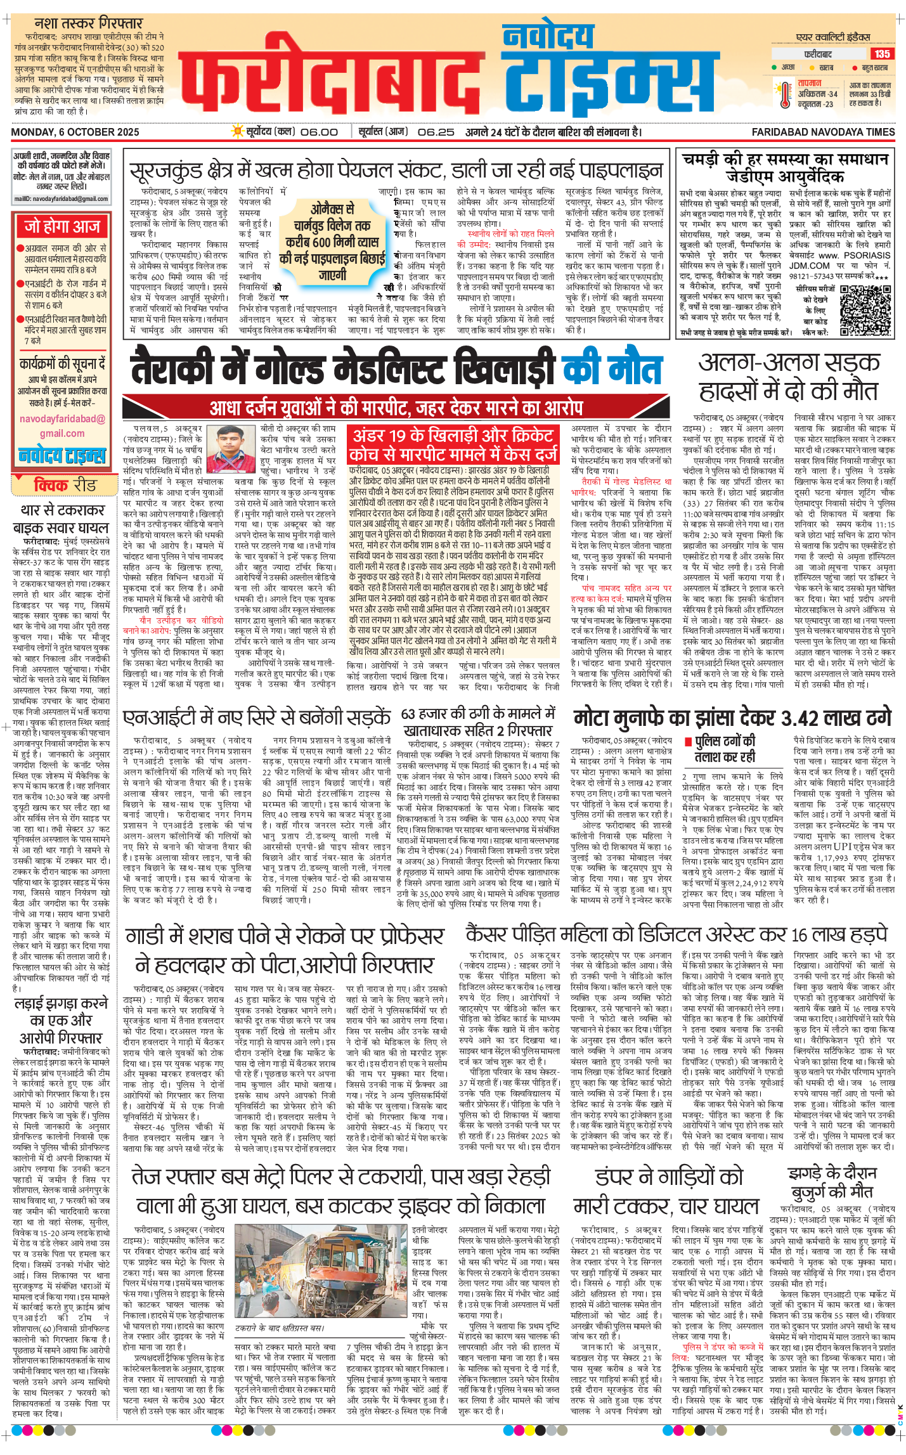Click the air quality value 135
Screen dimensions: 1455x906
882,54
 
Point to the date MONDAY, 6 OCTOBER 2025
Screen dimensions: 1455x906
75,132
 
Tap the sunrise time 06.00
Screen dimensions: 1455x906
319,132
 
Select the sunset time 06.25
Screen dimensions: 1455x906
436,132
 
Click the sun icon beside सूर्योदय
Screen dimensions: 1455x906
238,131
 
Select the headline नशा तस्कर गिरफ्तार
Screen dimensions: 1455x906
88,23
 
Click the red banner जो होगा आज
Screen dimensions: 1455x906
61,226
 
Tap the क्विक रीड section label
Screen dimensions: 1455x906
65,485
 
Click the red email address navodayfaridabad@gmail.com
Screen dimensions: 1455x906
61,426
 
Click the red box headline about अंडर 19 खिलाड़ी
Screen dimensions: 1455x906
453,444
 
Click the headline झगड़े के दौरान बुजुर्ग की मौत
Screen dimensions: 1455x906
831,1182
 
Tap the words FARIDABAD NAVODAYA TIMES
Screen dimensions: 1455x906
823,132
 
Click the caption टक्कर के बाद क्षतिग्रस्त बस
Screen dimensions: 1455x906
279,1328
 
